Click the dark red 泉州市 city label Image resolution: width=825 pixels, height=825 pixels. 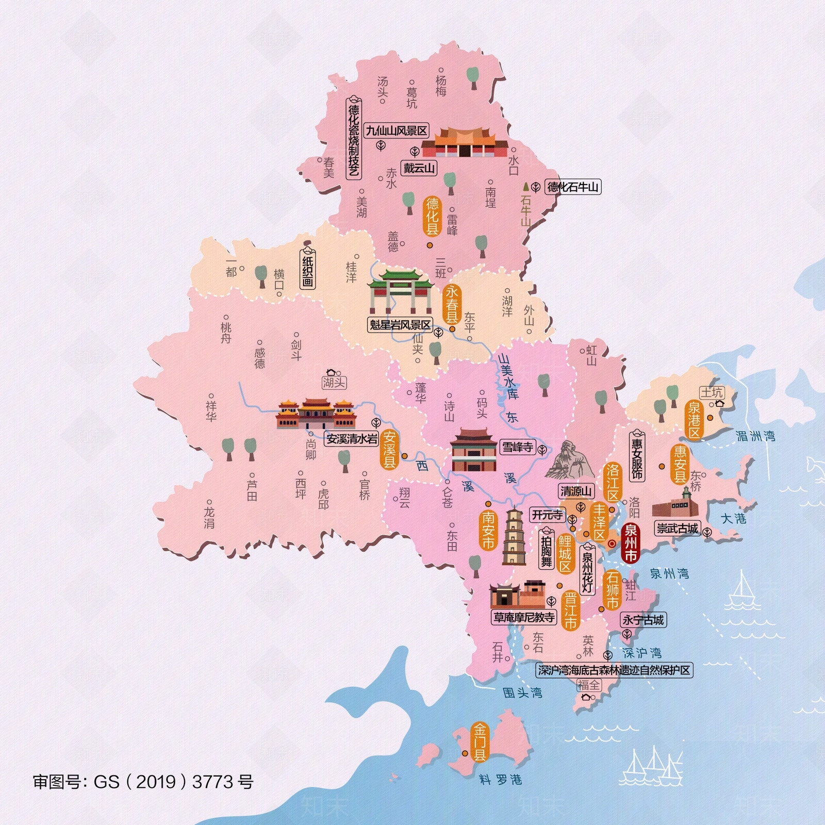pyautogui.click(x=631, y=543)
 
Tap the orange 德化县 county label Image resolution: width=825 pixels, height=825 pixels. pyautogui.click(x=432, y=216)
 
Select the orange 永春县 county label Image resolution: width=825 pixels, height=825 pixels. pyautogui.click(x=452, y=304)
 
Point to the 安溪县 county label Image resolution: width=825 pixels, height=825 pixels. pyautogui.click(x=390, y=449)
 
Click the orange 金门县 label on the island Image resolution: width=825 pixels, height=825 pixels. pyautogui.click(x=480, y=742)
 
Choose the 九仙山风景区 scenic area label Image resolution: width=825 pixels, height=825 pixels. pyautogui.click(x=397, y=130)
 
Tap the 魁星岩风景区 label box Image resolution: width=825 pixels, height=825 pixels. pyautogui.click(x=400, y=325)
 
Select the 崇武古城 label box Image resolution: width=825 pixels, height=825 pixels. pyautogui.click(x=677, y=529)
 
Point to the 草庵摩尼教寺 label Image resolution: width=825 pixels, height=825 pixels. pyautogui.click(x=524, y=617)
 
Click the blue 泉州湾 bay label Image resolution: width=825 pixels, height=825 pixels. pyautogui.click(x=669, y=573)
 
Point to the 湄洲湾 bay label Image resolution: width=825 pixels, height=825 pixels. pyautogui.click(x=755, y=436)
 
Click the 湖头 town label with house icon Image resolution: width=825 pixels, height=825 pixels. pyautogui.click(x=334, y=382)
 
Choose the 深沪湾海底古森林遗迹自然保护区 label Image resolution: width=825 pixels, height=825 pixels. pyautogui.click(x=614, y=670)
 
